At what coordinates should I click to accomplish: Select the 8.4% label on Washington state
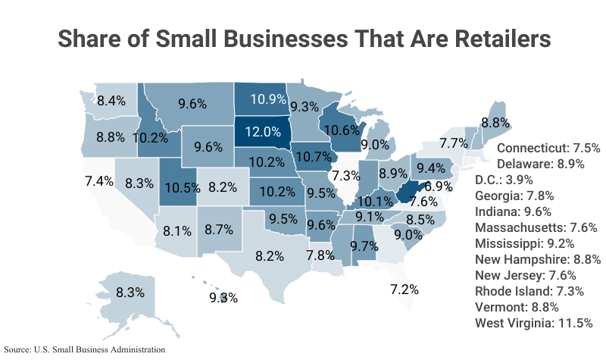[111, 100]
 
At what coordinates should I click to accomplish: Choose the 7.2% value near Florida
[405, 289]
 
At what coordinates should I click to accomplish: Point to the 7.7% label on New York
[453, 142]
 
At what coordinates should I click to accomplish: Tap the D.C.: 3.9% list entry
[504, 180]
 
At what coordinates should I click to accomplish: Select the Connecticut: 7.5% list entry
[548, 148]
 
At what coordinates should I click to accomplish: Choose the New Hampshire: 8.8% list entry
[538, 259]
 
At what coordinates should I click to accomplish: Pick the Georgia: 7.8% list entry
[514, 196]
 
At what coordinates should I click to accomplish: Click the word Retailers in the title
[476, 39]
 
